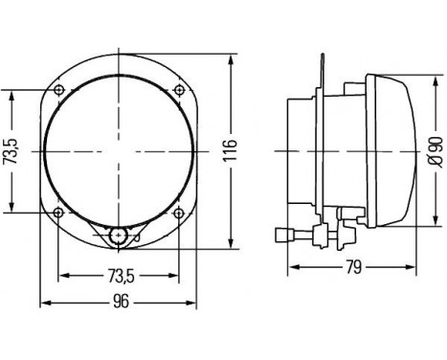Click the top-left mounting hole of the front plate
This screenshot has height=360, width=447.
coord(60,90)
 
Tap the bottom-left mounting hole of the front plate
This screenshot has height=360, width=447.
coord(60,212)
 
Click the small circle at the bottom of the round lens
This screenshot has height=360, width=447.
coord(118,236)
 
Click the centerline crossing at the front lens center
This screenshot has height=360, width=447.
coord(120,150)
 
